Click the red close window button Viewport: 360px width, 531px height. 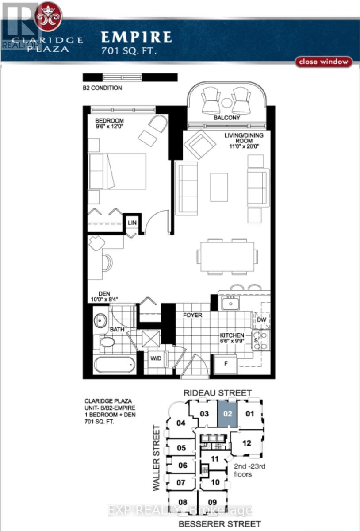[323, 62]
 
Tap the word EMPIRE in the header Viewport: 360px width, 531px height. [137, 38]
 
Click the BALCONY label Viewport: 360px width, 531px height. [227, 118]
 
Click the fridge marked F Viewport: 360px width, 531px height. [226, 364]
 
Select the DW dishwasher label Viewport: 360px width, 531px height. [261, 319]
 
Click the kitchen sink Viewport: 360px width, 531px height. [230, 304]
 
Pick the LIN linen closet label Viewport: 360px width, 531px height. [132, 223]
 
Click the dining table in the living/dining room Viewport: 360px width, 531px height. [227, 257]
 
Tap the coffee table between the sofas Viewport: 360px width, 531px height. [219, 187]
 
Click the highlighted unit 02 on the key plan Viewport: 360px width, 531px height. [227, 414]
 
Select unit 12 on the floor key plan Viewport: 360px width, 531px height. [246, 443]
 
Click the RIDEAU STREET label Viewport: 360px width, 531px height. [217, 393]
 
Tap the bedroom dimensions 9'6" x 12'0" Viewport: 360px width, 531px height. [110, 126]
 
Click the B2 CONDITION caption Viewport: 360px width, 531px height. [102, 88]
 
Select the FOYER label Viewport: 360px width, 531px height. [192, 315]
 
